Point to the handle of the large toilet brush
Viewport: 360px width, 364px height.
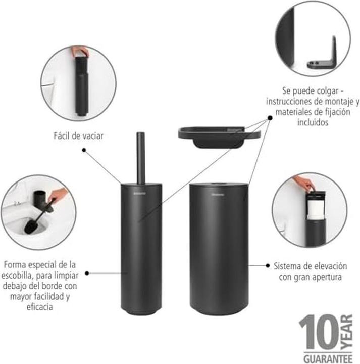[140, 157]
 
